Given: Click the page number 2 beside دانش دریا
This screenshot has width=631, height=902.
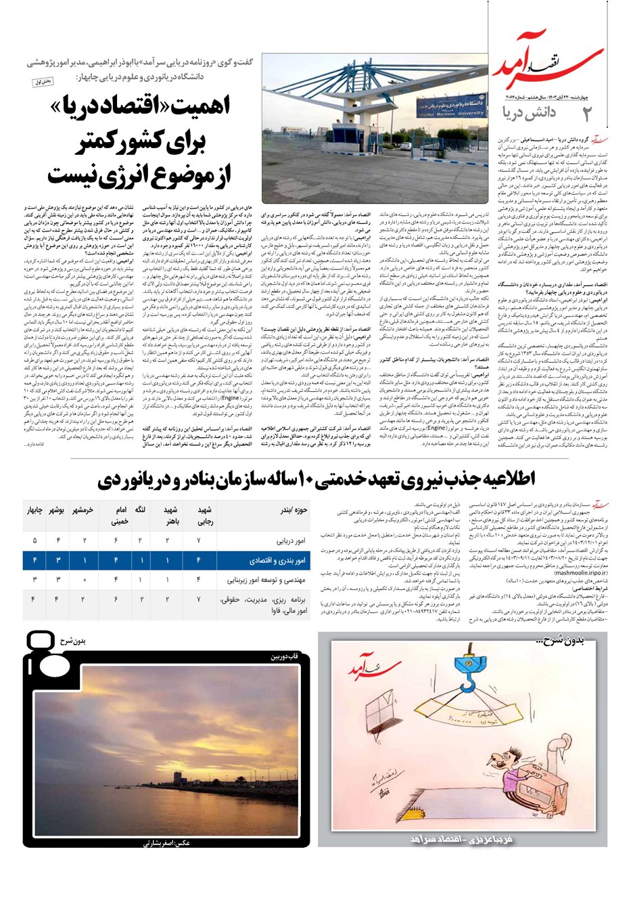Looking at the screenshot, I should (x=586, y=112).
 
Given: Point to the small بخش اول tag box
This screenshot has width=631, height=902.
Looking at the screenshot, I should (x=43, y=82).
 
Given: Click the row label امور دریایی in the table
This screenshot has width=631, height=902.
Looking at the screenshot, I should (x=291, y=541).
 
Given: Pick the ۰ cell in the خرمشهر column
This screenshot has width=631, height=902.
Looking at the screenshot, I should (x=84, y=580).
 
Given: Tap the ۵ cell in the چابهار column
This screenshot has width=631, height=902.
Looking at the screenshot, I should (x=34, y=541).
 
